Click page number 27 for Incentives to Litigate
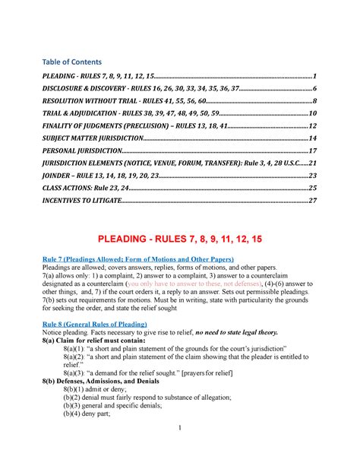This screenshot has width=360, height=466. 312,201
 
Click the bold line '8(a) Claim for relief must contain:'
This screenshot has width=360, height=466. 103,341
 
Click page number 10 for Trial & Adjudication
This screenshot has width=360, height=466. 312,114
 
